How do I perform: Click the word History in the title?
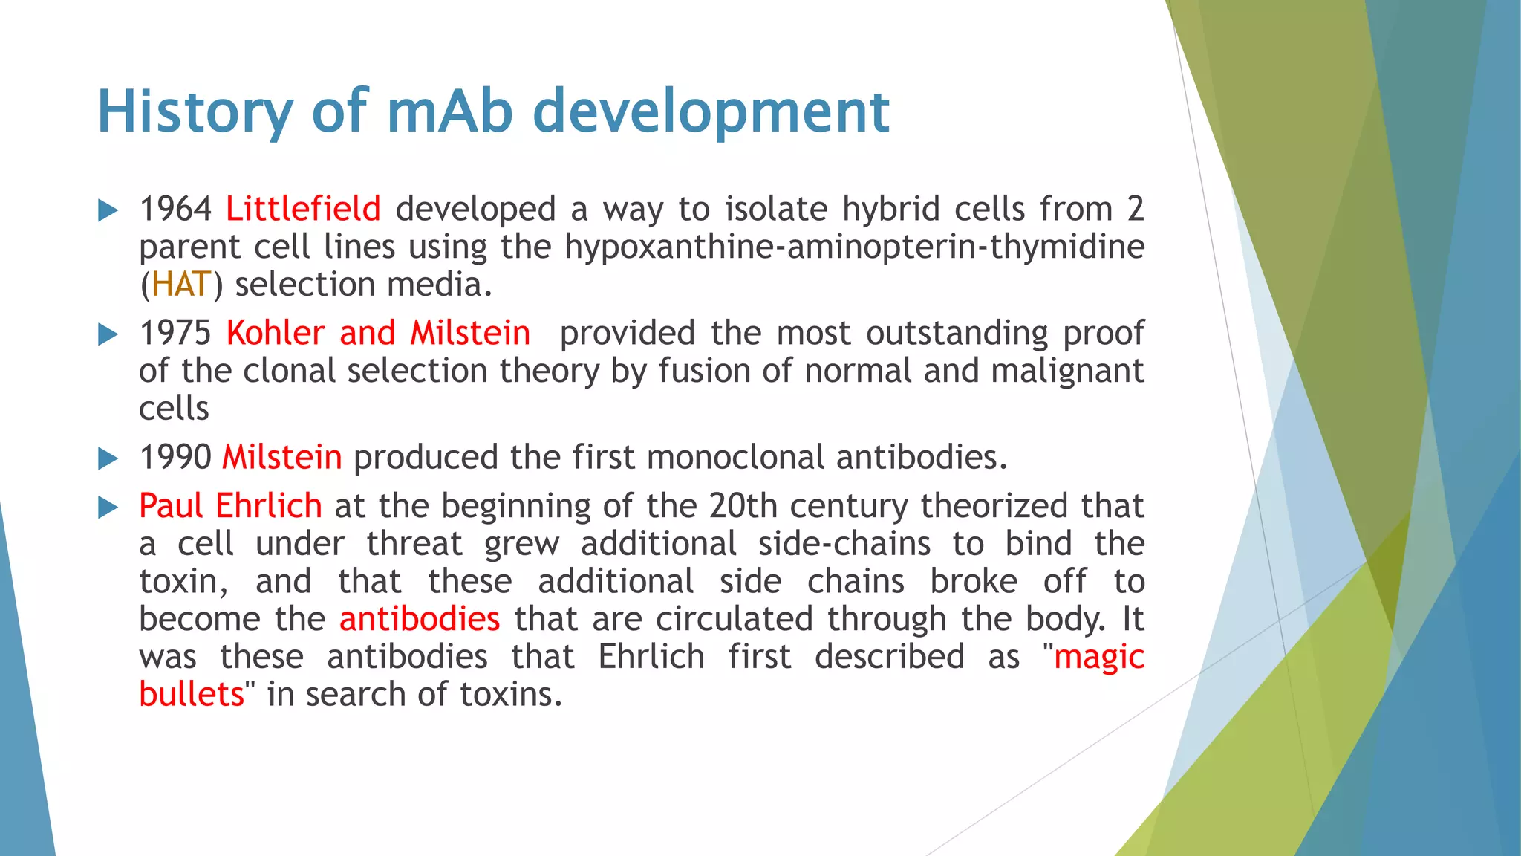pyautogui.click(x=195, y=111)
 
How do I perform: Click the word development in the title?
pyautogui.click(x=711, y=111)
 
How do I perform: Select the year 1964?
pyautogui.click(x=175, y=209)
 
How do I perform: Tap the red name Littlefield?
pyautogui.click(x=303, y=209)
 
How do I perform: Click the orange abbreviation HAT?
pyautogui.click(x=182, y=285)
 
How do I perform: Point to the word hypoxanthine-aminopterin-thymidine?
pyautogui.click(x=854, y=247)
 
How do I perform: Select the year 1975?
pyautogui.click(x=175, y=333)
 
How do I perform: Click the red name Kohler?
pyautogui.click(x=276, y=333)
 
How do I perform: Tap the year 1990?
pyautogui.click(x=175, y=457)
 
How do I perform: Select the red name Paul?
pyautogui.click(x=171, y=506)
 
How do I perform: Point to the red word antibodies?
pyautogui.click(x=420, y=619)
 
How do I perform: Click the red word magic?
pyautogui.click(x=1098, y=658)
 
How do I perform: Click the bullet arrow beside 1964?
pyautogui.click(x=108, y=210)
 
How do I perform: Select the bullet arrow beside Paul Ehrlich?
pyautogui.click(x=108, y=508)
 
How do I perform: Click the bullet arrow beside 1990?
pyautogui.click(x=108, y=458)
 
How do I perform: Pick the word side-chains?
pyautogui.click(x=844, y=544)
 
